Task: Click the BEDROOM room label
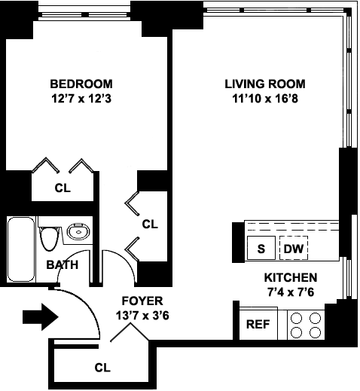point(81,84)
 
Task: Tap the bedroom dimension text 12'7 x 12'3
point(81,99)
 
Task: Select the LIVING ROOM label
point(265,84)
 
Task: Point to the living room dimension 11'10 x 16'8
point(265,99)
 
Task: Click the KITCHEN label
point(291,277)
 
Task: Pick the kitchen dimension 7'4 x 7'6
point(291,292)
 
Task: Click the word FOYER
point(142,301)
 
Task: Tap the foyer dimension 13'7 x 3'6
point(142,316)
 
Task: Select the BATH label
point(63,264)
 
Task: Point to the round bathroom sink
point(78,231)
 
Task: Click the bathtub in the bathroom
point(21,249)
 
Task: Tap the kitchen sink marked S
point(261,248)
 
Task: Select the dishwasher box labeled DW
point(294,248)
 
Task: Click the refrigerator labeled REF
point(258,324)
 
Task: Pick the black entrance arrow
point(41,317)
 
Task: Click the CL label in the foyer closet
point(102,368)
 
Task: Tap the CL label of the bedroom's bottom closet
point(63,188)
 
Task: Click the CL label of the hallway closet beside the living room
point(150,224)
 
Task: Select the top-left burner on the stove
point(296,319)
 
